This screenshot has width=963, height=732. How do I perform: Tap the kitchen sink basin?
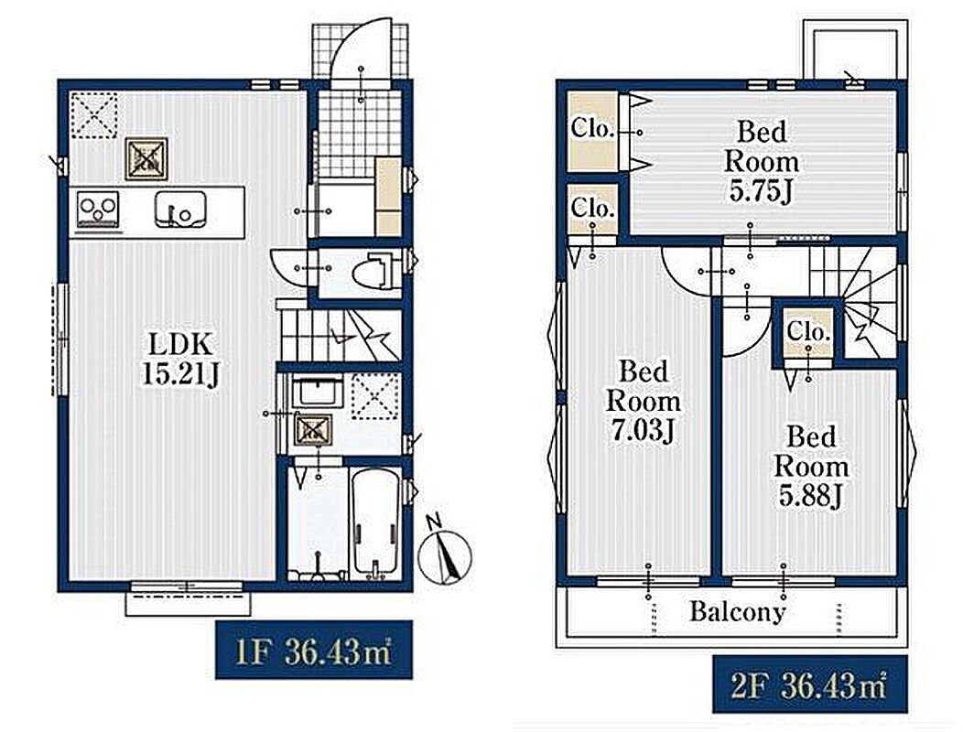[180, 210]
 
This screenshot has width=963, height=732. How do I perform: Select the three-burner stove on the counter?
[98, 209]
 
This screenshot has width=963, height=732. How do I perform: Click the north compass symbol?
[445, 554]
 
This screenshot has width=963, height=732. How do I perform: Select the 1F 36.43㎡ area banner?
[313, 651]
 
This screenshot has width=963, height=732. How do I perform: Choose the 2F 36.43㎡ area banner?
[809, 684]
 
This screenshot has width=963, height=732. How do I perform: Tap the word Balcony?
[737, 611]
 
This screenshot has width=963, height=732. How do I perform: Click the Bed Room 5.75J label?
[762, 162]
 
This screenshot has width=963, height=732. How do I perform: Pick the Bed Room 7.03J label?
[643, 402]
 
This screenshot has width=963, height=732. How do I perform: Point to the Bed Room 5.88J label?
[811, 467]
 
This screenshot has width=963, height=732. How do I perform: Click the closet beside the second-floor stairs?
[809, 332]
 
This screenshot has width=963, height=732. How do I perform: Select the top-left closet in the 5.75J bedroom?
[592, 131]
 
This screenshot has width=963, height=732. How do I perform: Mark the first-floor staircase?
[340, 335]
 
